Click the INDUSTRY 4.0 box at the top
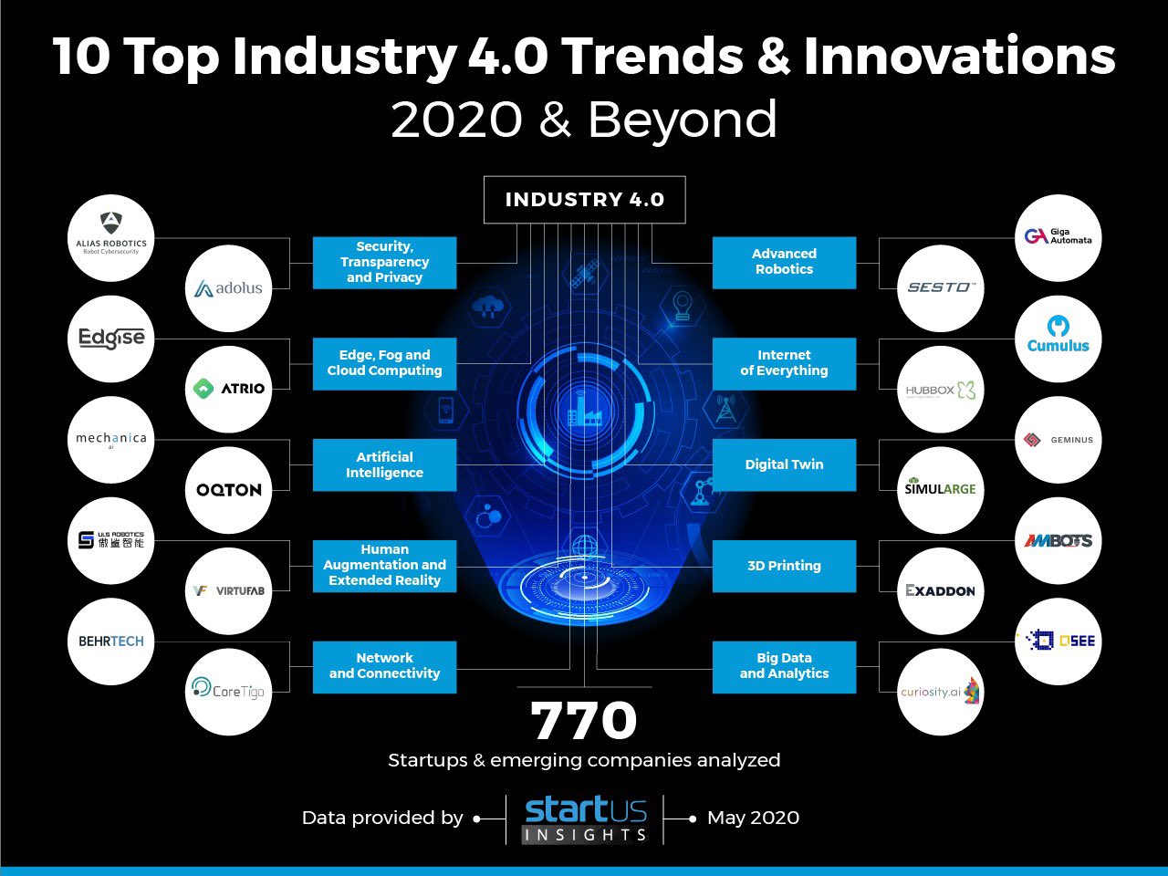(584, 200)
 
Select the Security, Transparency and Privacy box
(384, 263)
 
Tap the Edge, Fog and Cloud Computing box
(384, 363)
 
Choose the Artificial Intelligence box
(384, 464)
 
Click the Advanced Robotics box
(784, 262)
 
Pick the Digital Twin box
(784, 464)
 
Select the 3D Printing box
(784, 566)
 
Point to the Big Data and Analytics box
(784, 666)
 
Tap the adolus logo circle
(228, 288)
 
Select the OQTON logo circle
(228, 490)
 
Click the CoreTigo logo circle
(228, 691)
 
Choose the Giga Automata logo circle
(1058, 237)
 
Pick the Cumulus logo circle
(1058, 338)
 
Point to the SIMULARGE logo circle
(941, 490)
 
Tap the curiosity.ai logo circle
(941, 692)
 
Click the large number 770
(584, 721)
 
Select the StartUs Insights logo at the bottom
(585, 819)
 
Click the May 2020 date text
(753, 818)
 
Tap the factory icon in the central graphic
(584, 412)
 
